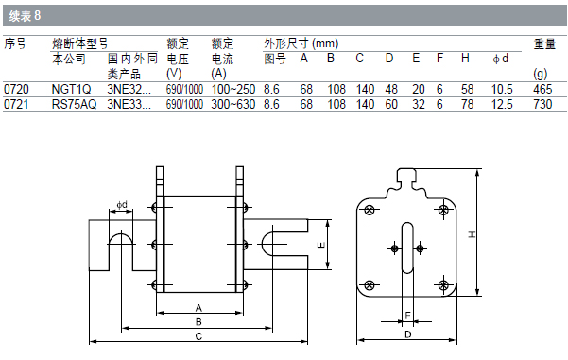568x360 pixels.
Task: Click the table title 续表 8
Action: (x=25, y=15)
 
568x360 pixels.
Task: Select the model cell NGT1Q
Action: (x=72, y=89)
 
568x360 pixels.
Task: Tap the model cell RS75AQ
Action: (x=75, y=104)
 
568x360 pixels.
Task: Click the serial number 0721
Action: (x=16, y=104)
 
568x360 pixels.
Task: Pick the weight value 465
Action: (x=542, y=89)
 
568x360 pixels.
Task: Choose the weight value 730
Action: (x=542, y=104)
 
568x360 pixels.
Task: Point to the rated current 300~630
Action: (x=233, y=104)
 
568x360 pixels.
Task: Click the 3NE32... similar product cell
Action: (x=129, y=89)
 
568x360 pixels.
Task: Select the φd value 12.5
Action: (x=502, y=104)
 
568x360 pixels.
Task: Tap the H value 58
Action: (x=467, y=89)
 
